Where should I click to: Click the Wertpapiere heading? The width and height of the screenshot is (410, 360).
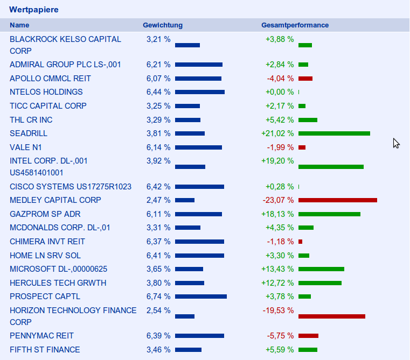[x=34, y=10]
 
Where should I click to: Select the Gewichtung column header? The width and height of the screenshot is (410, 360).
[x=162, y=25]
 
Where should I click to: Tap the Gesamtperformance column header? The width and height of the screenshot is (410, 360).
[x=295, y=25]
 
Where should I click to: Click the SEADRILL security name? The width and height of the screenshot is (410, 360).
[x=29, y=133]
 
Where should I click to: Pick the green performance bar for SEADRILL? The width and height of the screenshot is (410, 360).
[x=334, y=133]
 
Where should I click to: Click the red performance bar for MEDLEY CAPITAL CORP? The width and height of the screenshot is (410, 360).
[x=337, y=200]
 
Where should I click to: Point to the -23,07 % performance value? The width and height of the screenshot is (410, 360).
[x=278, y=200]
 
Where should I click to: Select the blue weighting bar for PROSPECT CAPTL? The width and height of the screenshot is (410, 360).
[x=201, y=297]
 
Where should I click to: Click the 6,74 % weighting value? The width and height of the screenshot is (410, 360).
[x=158, y=297]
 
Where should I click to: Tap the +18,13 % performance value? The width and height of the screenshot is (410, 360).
[x=280, y=214]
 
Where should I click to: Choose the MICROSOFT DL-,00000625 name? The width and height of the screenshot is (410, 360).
[x=58, y=269]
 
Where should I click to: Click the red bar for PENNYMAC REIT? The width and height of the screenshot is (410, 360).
[x=308, y=336]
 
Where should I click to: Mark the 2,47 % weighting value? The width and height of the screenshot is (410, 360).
[x=158, y=200]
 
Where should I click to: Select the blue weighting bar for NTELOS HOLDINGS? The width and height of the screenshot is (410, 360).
[x=200, y=92]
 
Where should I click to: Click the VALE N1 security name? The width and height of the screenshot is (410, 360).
[x=25, y=147]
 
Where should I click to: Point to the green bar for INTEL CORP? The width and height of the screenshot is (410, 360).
[x=331, y=167]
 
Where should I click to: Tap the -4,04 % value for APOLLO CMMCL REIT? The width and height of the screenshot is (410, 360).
[x=280, y=79]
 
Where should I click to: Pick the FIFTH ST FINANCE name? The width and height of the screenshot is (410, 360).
[x=45, y=350]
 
